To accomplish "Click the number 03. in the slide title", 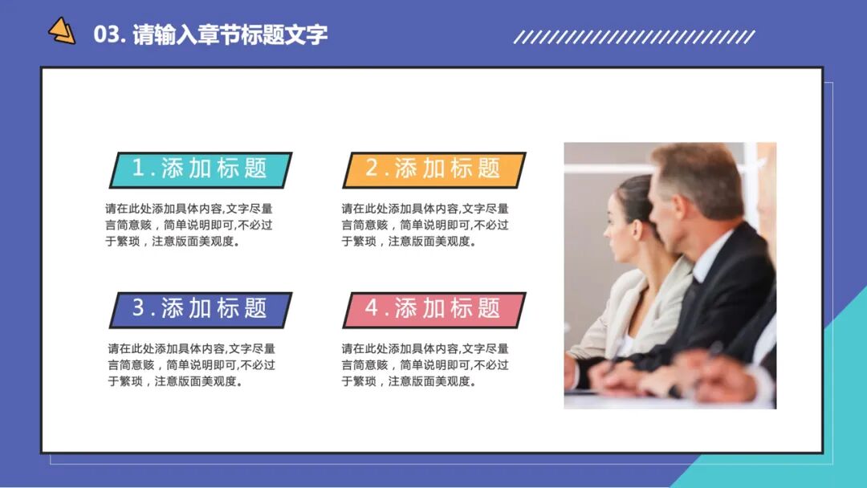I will coord(108,35).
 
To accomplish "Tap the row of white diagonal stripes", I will coord(633,37).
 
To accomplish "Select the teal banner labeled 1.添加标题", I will coord(201,169).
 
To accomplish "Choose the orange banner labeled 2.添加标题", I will coord(434,169).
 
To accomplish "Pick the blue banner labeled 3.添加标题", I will coord(201,309).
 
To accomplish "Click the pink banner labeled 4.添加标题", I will coord(434,309).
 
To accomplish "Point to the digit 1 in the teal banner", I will coord(138,169).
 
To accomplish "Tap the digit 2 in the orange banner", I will coord(372,169).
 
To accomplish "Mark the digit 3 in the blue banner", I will coord(138,308).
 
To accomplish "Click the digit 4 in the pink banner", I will coord(372,308).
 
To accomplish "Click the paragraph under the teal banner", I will coord(189,225).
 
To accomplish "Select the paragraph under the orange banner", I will coord(425,225).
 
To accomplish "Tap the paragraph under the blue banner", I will coord(191,365).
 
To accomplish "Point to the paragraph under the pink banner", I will coord(425,365).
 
